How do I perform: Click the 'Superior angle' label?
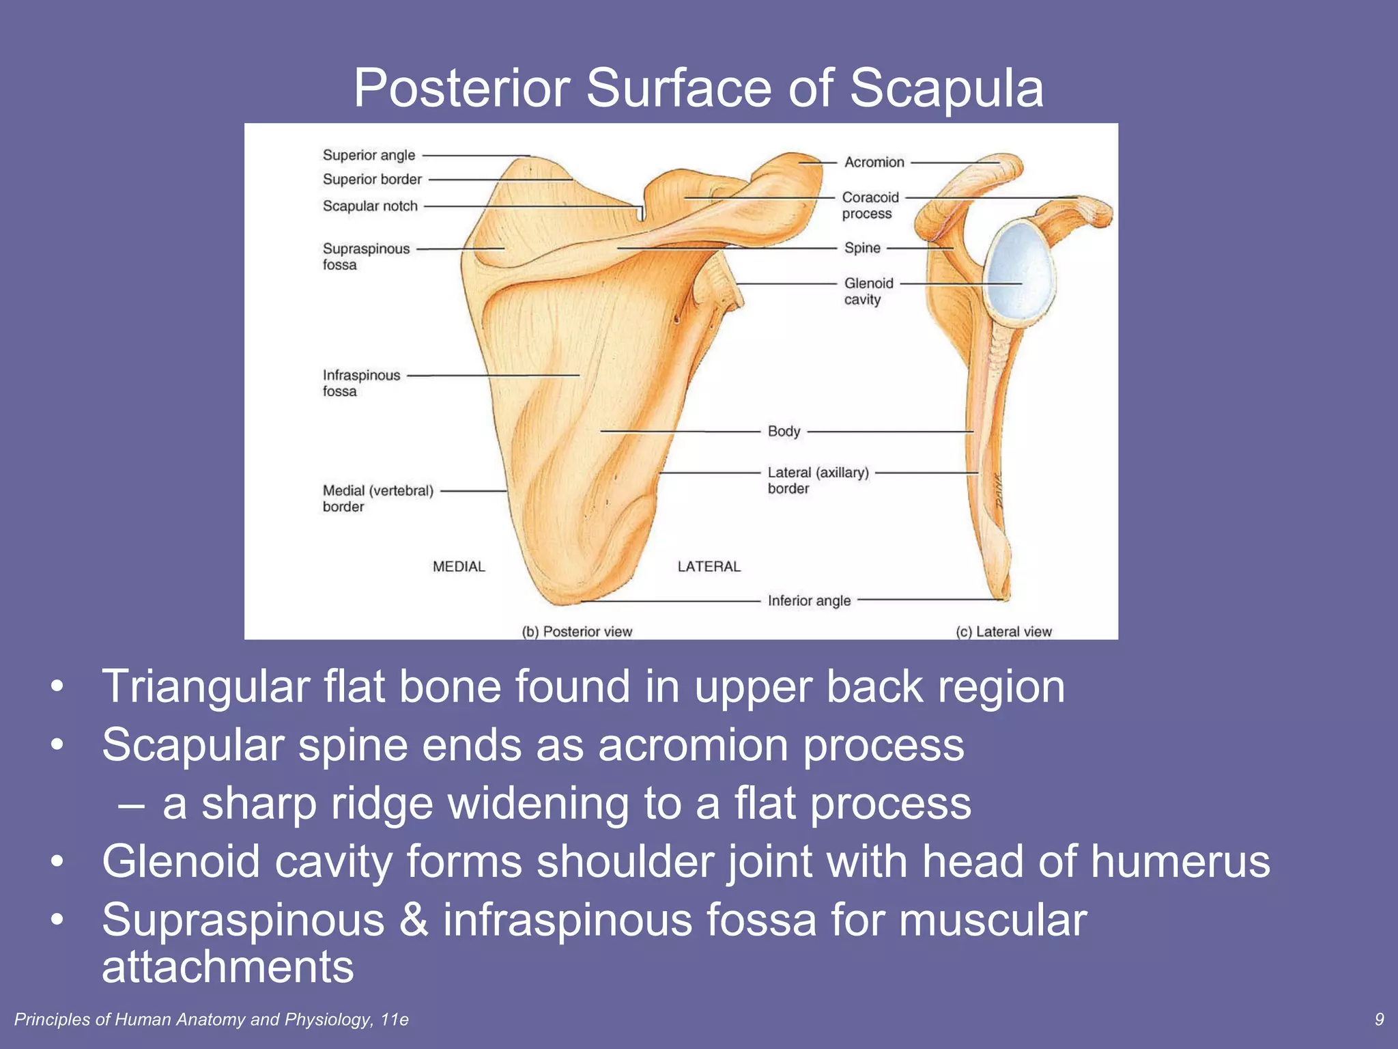click(x=369, y=156)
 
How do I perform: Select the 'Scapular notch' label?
click(x=370, y=206)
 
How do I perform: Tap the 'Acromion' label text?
click(x=874, y=163)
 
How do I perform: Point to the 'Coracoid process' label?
click(x=870, y=206)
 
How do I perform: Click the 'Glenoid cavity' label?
click(x=868, y=292)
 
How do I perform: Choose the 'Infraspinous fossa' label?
click(x=361, y=383)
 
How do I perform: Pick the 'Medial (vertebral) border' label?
click(x=377, y=499)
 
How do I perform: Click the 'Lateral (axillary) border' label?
click(x=818, y=480)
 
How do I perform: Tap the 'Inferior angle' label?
click(x=809, y=601)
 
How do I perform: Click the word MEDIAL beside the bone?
click(x=459, y=567)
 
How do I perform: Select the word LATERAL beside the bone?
click(x=709, y=567)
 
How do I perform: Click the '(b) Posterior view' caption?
click(x=577, y=632)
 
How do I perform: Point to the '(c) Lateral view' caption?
click(x=1003, y=632)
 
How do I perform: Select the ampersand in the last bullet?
click(x=414, y=920)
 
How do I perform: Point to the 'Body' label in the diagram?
click(x=784, y=432)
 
